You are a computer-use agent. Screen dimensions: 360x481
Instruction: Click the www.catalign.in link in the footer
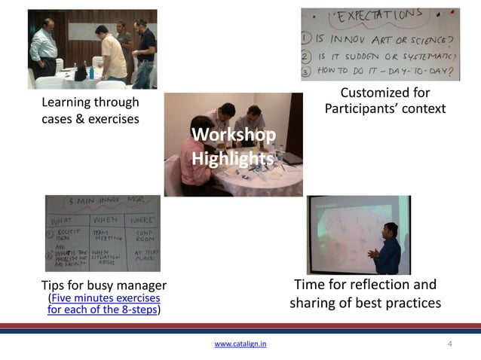(240, 344)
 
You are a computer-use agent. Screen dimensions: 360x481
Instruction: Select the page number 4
(450, 344)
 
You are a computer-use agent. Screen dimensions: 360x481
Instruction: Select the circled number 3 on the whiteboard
(308, 72)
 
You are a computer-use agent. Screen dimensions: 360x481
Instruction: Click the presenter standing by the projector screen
(388, 249)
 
